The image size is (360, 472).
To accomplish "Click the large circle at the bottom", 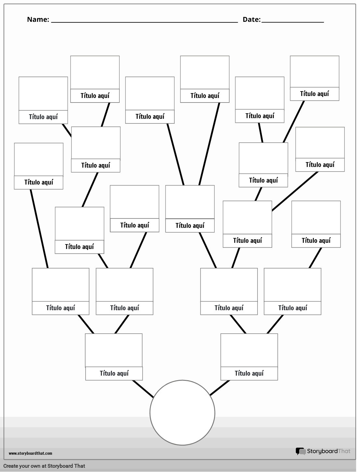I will click(182, 412).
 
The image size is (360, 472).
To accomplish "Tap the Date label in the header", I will click(251, 20).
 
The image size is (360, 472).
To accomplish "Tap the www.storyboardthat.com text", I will click(30, 453).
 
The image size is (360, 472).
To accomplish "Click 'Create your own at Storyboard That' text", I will click(44, 466).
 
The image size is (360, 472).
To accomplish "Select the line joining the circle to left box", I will click(143, 389).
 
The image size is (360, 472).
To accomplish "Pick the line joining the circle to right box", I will click(220, 388).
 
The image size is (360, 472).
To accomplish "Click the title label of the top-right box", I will click(314, 94).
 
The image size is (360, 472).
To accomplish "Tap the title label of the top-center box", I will click(205, 96).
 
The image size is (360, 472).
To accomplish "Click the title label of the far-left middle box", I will click(38, 182).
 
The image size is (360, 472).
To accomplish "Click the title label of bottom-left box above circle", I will click(114, 373).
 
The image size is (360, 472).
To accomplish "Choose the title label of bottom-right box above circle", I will click(249, 373).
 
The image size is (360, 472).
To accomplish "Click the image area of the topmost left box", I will click(95, 72).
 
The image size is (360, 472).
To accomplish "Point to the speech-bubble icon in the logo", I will click(300, 451).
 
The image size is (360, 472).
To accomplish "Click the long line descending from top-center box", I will click(209, 144).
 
